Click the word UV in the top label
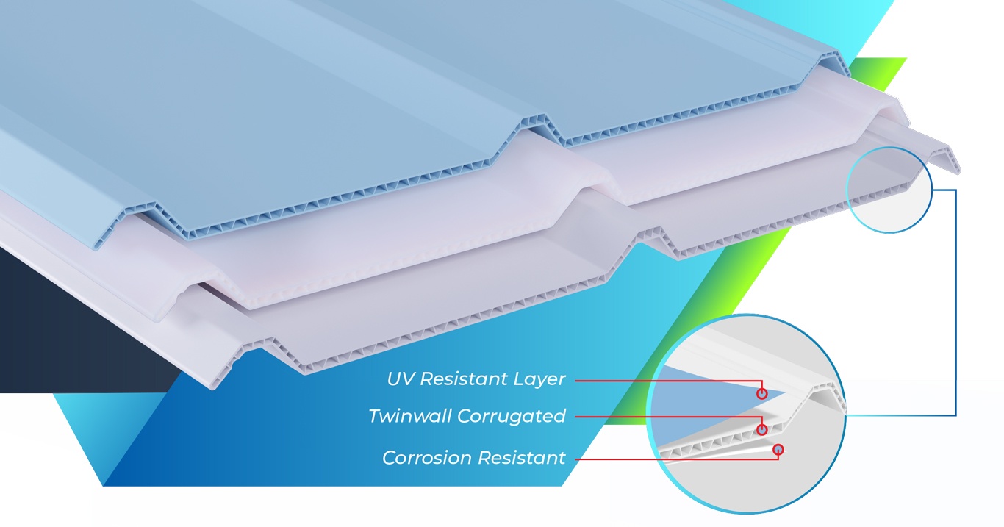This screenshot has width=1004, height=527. pos(401,379)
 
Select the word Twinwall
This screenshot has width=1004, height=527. pos(409,416)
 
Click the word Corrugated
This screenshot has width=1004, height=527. pos(512,417)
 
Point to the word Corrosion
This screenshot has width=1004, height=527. pos(427,457)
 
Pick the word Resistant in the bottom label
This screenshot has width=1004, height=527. pos(521,457)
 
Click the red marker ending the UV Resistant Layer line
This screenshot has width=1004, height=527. pos(762,394)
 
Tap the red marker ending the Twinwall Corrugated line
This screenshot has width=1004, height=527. pos(762,429)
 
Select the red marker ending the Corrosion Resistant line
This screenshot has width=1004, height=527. pos(778,449)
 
